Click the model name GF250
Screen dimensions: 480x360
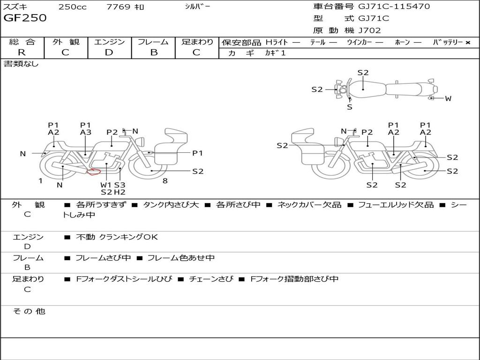[25, 18]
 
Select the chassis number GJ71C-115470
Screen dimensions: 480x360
[394, 6]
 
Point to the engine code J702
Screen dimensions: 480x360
[369, 30]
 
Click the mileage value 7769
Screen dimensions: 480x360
[118, 7]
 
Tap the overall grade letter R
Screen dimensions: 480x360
[22, 52]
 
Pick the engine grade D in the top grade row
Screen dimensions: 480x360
[109, 52]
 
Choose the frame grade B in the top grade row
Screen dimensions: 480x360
[154, 52]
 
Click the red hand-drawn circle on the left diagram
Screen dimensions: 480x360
[94, 172]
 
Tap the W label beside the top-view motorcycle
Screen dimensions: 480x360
[448, 98]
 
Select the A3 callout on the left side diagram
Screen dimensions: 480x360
[86, 132]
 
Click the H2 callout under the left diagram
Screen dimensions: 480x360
[120, 192]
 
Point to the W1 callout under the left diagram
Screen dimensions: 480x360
[106, 185]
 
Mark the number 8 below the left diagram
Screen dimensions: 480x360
[165, 181]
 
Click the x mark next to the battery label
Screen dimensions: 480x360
[468, 43]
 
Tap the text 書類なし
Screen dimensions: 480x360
[21, 64]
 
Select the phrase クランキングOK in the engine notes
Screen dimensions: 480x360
[128, 237]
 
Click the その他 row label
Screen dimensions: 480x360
[29, 311]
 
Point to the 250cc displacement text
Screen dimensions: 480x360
[73, 7]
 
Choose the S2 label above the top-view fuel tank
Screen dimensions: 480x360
[363, 73]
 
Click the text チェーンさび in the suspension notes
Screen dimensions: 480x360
[211, 279]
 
